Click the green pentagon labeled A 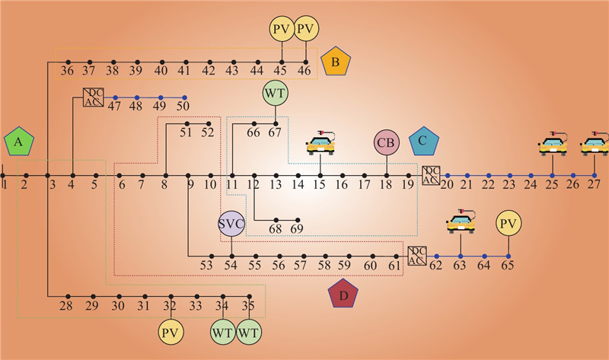(x=20, y=143)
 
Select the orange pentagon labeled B (x=335, y=61)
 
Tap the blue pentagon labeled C (x=423, y=142)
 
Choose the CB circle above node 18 (x=387, y=143)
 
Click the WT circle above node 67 (x=275, y=94)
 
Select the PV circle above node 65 (x=508, y=225)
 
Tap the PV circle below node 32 (x=171, y=333)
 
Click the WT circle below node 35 (x=247, y=333)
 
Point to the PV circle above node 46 (x=306, y=30)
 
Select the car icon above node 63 (x=460, y=222)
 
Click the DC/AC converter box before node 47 (x=93, y=97)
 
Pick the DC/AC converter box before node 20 (x=431, y=174)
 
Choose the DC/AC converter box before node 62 (x=416, y=256)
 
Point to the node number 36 (x=67, y=72)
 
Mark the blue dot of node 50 (x=185, y=97)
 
